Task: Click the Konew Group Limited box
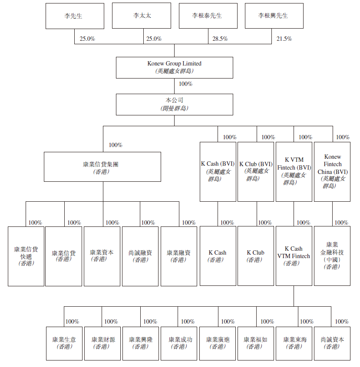[174, 67]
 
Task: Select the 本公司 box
[174, 104]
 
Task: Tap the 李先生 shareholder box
[73, 16]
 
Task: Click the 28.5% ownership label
[220, 39]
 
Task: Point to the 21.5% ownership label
[284, 39]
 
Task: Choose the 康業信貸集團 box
[103, 168]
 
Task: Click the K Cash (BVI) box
[218, 171]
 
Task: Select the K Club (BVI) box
[255, 171]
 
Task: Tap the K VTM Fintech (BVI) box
[294, 171]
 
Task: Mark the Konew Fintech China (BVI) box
[332, 171]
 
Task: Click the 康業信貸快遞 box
[26, 256]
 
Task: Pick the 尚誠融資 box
[140, 256]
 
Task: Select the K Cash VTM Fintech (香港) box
[294, 256]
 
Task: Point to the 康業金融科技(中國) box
[332, 256]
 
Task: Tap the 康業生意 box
[64, 343]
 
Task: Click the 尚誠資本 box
[332, 343]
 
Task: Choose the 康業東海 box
[294, 343]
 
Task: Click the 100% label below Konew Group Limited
[185, 84]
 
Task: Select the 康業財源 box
[103, 343]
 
